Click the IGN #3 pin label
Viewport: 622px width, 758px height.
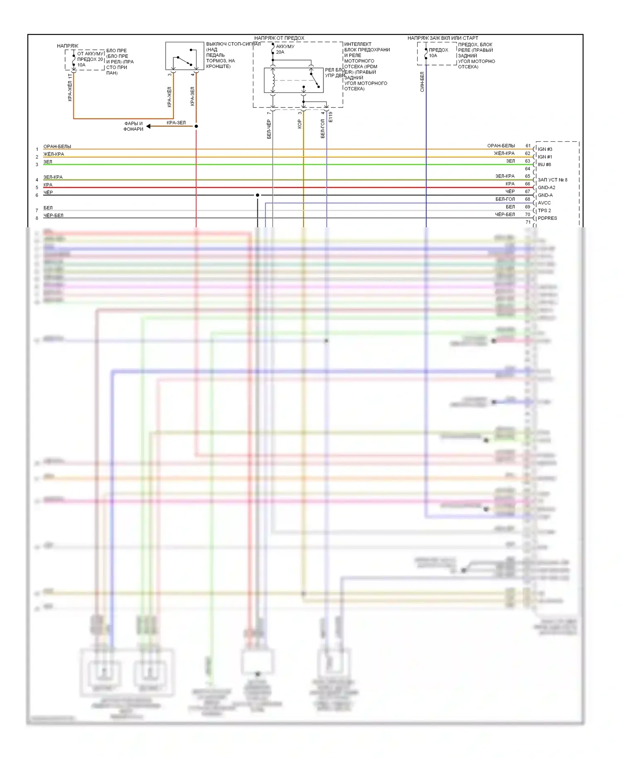545,149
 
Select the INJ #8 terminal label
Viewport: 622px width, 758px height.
544,165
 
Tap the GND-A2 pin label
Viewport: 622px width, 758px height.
546,187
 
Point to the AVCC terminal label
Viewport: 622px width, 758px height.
544,203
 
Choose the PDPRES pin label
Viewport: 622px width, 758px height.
547,218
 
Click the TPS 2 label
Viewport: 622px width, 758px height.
544,211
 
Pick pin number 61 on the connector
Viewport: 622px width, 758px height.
528,146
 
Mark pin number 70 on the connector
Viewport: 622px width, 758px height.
528,215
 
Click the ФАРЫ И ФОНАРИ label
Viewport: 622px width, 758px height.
133,126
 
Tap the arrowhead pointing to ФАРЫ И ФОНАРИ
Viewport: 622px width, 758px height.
148,126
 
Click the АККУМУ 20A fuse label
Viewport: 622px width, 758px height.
285,49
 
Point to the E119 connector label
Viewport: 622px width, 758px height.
330,117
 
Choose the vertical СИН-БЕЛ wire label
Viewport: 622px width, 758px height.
422,82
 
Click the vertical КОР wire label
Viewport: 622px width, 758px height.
299,124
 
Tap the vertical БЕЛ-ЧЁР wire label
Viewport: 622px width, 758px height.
269,129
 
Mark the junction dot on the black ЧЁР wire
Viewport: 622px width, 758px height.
258,195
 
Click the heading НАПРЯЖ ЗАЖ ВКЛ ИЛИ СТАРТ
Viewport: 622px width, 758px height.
442,38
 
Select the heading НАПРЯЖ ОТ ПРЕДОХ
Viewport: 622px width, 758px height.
279,38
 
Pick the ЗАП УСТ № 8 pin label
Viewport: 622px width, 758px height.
552,180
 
